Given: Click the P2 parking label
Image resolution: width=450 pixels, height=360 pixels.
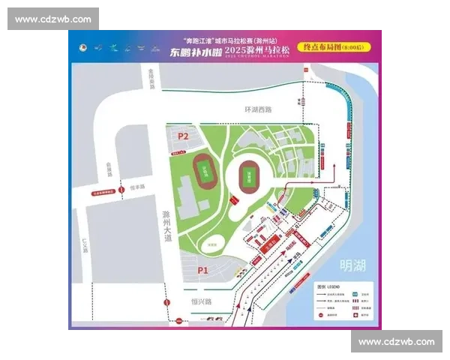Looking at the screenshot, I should (x=183, y=136).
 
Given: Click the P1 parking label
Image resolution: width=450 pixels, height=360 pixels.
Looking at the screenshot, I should (x=202, y=269).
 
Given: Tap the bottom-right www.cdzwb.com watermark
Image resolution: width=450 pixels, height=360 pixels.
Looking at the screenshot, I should (x=396, y=341).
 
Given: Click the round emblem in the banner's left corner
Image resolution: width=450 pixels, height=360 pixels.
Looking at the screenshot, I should (x=82, y=47).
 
